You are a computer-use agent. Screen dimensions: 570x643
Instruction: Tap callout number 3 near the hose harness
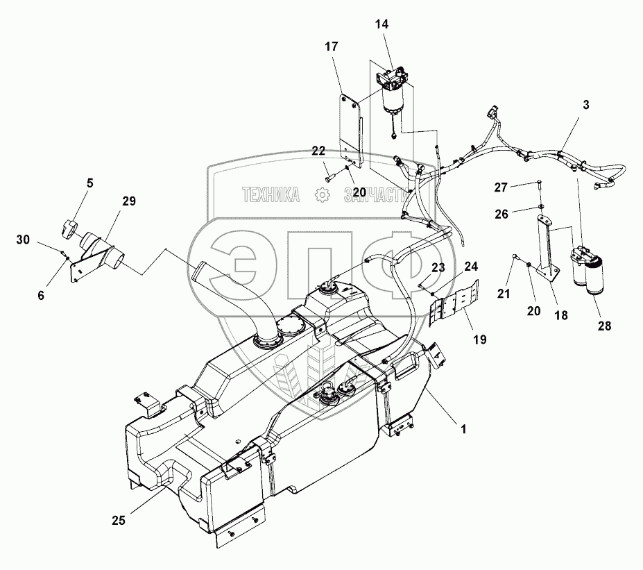(x=587, y=106)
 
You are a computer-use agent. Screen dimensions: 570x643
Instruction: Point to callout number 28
(x=605, y=326)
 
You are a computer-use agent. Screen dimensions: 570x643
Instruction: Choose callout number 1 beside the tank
(x=463, y=428)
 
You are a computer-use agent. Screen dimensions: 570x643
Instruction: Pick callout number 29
(x=129, y=201)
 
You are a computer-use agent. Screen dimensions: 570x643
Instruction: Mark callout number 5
(x=90, y=185)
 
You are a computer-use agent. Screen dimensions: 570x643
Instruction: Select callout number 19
(x=480, y=340)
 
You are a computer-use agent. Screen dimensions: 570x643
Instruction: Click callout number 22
(x=318, y=151)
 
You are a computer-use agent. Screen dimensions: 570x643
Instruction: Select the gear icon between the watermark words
(x=322, y=196)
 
